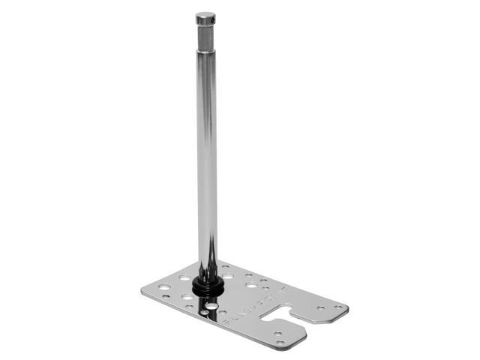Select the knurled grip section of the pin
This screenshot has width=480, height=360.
pos(205,37)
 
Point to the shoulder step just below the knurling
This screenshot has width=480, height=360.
pos(205,51)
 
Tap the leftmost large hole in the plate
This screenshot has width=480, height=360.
pos(163,287)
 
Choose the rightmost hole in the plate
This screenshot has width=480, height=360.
pos(339,307)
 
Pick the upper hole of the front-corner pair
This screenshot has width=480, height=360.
pos(277,332)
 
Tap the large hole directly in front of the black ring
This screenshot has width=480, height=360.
pos(213,307)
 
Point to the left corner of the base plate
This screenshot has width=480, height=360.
pos(142,292)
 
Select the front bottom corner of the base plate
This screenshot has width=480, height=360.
pos(280,349)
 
